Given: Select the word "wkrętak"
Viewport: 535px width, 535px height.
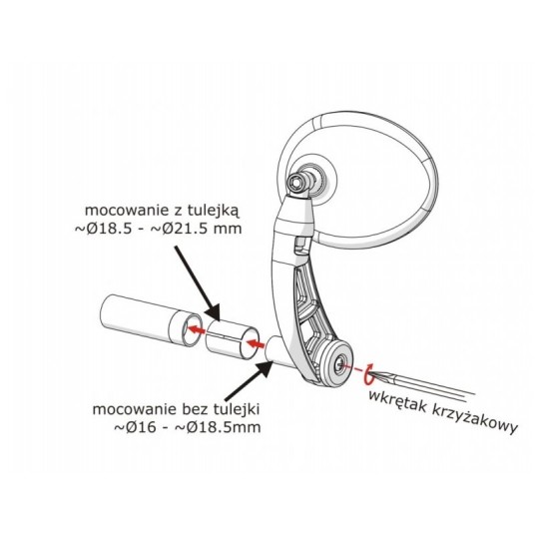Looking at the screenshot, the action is coord(398,400).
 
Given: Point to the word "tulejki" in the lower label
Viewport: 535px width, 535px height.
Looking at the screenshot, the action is coord(238,409).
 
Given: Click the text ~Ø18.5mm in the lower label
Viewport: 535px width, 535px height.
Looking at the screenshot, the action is coord(218,427).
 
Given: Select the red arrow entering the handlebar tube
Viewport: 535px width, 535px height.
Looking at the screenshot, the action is coord(197,329).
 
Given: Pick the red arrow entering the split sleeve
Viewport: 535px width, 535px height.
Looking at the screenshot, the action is coord(256,343).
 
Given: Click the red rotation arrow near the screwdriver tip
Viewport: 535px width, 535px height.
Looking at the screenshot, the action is coord(368,374).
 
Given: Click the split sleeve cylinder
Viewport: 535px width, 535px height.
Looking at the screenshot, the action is coord(232,339).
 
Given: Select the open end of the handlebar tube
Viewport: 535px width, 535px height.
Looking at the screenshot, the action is coord(190,330).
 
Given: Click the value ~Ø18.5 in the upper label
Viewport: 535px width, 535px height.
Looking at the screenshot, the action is coord(103,229).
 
